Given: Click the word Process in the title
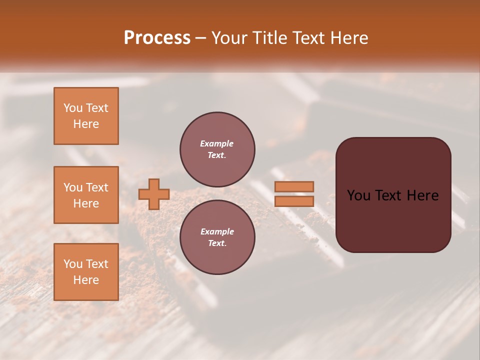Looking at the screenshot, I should pos(157,38).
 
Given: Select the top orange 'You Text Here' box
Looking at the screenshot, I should pos(86,116).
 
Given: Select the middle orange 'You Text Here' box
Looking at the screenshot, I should pos(86,195).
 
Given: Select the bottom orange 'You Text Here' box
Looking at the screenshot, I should pos(86,271).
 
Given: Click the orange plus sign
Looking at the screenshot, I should pos(154,194).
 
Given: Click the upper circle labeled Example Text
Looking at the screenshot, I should pos(217,149).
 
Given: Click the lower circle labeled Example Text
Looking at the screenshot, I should pos(217,237).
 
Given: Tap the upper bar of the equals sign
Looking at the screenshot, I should pos(294,186).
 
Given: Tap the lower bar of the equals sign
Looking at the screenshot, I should pos(294,201).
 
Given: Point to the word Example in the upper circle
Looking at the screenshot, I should pos(217,143).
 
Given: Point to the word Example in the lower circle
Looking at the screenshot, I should pos(217,231).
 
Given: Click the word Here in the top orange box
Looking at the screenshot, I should pos(86,124).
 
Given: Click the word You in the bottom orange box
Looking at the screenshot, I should pos(73,264).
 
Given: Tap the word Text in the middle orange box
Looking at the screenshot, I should pos(96,187).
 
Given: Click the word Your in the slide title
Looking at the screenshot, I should pos(230,38).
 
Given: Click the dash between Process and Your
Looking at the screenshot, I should pos(200,38).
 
